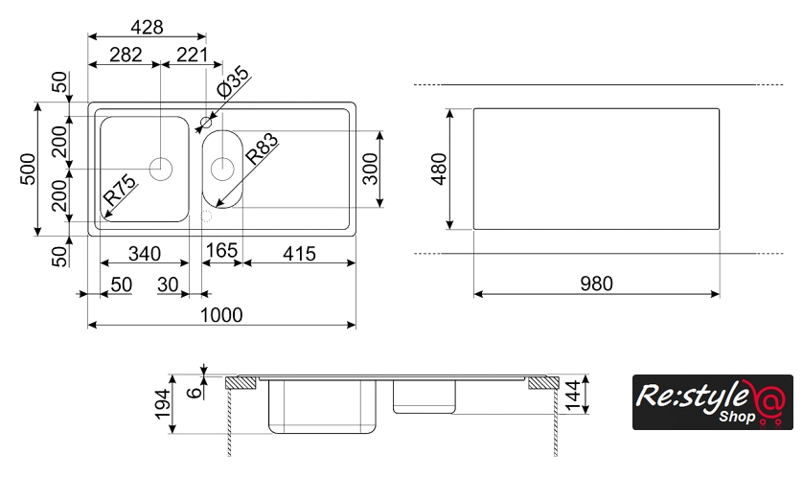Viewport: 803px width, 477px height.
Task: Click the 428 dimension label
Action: tap(147, 27)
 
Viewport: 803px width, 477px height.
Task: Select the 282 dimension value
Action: tap(126, 55)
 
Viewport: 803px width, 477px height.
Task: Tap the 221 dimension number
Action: tap(192, 55)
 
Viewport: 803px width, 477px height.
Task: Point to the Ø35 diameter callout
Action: tap(234, 81)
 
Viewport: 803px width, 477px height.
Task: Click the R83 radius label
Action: tap(262, 148)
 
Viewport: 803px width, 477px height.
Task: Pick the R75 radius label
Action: tap(120, 190)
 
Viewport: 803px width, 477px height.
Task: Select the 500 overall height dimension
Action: tap(28, 169)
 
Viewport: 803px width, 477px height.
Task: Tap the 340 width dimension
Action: tap(145, 253)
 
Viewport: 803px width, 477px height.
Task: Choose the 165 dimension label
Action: tap(221, 250)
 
